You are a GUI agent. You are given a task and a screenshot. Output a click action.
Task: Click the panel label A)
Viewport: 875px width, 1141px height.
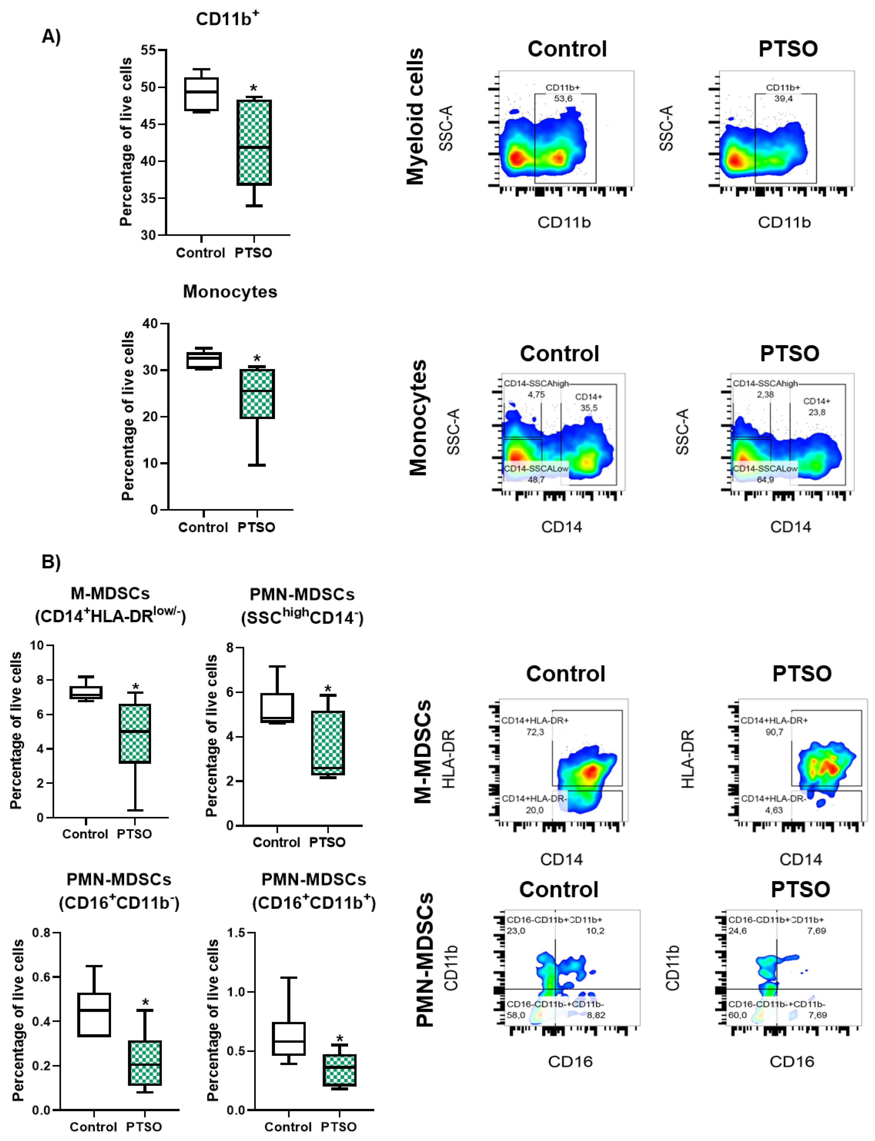[51, 36]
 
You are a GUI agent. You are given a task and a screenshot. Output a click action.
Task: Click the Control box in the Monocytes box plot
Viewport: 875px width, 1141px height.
[204, 361]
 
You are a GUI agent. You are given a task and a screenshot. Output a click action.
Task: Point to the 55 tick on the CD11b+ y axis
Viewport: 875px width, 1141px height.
[148, 51]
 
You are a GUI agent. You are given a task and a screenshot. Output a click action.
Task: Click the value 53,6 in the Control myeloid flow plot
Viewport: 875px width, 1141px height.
[563, 98]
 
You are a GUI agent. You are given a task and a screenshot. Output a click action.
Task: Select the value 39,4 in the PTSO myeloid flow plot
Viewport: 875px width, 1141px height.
[783, 98]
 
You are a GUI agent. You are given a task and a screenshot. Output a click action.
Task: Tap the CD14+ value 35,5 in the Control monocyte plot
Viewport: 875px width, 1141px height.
[589, 408]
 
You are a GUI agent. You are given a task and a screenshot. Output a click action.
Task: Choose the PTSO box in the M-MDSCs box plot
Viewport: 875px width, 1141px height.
[135, 733]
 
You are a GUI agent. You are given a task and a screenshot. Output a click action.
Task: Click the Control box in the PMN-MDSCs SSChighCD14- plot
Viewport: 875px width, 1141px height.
[277, 708]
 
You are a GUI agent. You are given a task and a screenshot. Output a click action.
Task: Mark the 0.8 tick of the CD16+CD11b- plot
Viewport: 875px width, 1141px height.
[41, 932]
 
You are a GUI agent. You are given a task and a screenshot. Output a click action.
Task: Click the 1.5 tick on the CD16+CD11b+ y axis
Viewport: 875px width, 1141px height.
[236, 932]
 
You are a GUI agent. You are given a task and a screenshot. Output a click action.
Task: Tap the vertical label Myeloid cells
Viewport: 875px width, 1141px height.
[416, 117]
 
